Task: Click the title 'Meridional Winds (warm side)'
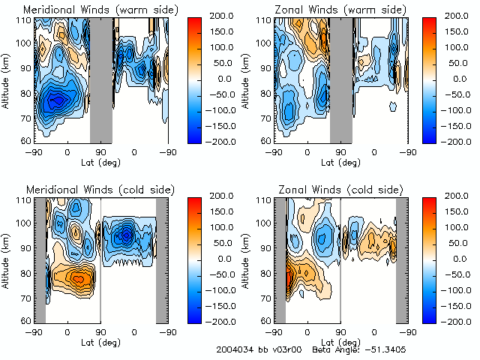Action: (x=91, y=9)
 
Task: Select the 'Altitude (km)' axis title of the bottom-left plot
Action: (x=7, y=260)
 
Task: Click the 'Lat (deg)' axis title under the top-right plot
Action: (x=340, y=162)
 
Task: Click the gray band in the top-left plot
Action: (x=101, y=79)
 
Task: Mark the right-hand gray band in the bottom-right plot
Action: (x=401, y=259)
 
